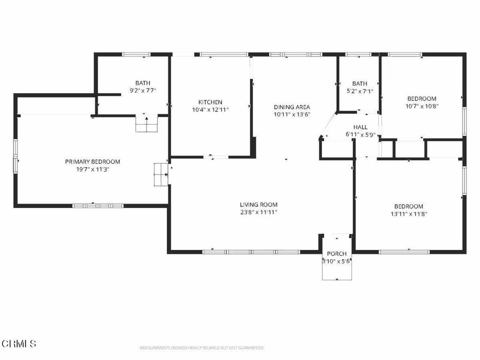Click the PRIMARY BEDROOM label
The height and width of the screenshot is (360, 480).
92,162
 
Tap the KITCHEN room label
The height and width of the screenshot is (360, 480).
210,102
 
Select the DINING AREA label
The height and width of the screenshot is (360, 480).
292,107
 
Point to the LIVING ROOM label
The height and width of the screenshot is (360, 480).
259,205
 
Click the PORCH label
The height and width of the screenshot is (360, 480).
337,254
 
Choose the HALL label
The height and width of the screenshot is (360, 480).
360,127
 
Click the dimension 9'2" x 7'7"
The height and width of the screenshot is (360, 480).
143,90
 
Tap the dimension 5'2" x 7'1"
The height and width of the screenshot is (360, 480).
360,91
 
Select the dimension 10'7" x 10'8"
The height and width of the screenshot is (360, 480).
422,106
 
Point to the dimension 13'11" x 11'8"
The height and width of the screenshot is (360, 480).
409,214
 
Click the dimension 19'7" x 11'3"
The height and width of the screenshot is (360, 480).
92,169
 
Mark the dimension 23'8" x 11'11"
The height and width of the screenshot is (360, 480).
259,212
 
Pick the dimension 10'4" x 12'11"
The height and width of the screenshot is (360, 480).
210,110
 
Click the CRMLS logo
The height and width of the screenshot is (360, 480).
19,344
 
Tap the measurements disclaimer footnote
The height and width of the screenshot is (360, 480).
202,348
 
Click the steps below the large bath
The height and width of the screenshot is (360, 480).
147,123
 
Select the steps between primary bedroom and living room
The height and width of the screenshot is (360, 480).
161,174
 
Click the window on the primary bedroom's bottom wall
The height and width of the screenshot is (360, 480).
98,206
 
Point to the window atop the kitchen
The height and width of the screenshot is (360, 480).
224,54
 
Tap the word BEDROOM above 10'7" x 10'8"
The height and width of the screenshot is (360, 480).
422,99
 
